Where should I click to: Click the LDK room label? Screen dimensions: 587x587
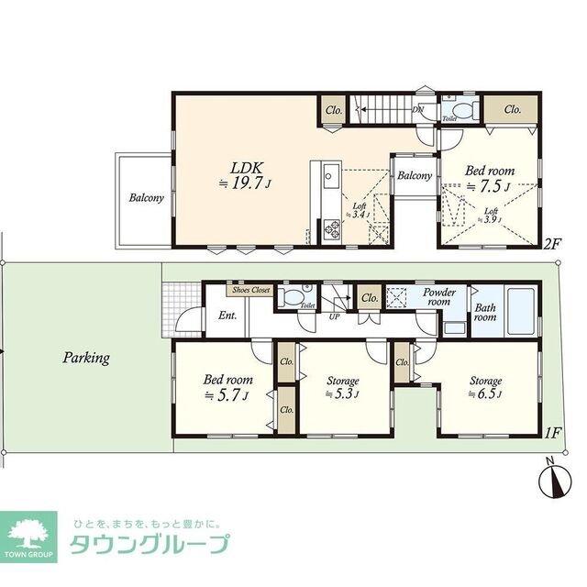click(247, 168)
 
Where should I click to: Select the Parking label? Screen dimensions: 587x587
click(86, 358)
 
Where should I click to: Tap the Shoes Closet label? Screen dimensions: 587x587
click(252, 289)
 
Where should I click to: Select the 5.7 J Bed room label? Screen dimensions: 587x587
click(224, 385)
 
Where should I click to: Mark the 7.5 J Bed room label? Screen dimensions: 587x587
click(490, 178)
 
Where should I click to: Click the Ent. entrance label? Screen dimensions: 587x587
click(227, 316)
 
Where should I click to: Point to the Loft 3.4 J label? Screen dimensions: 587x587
click(360, 210)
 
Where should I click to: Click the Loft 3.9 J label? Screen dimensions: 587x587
click(491, 216)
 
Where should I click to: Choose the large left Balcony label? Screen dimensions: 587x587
click(146, 197)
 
